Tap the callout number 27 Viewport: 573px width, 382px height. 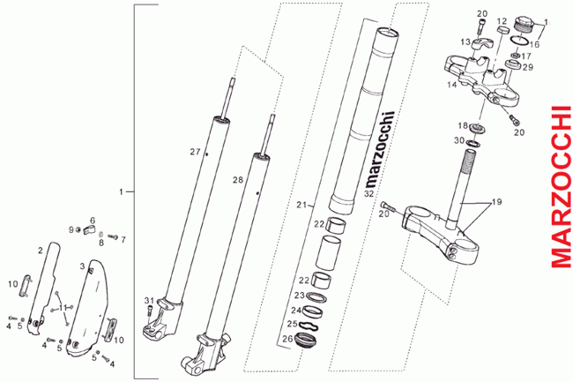(196, 152)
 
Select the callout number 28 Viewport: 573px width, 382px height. (237, 180)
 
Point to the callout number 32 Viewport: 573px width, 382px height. (369, 192)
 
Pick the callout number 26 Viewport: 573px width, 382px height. (287, 338)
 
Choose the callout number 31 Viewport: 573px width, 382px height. (150, 300)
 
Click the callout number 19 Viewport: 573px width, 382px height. (496, 202)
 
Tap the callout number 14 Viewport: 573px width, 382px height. (452, 86)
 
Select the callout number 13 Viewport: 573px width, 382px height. (464, 41)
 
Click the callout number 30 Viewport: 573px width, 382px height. (458, 140)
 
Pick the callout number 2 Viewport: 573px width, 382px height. (40, 251)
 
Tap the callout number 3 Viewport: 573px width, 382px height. (82, 266)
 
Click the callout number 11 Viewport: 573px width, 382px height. (62, 295)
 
